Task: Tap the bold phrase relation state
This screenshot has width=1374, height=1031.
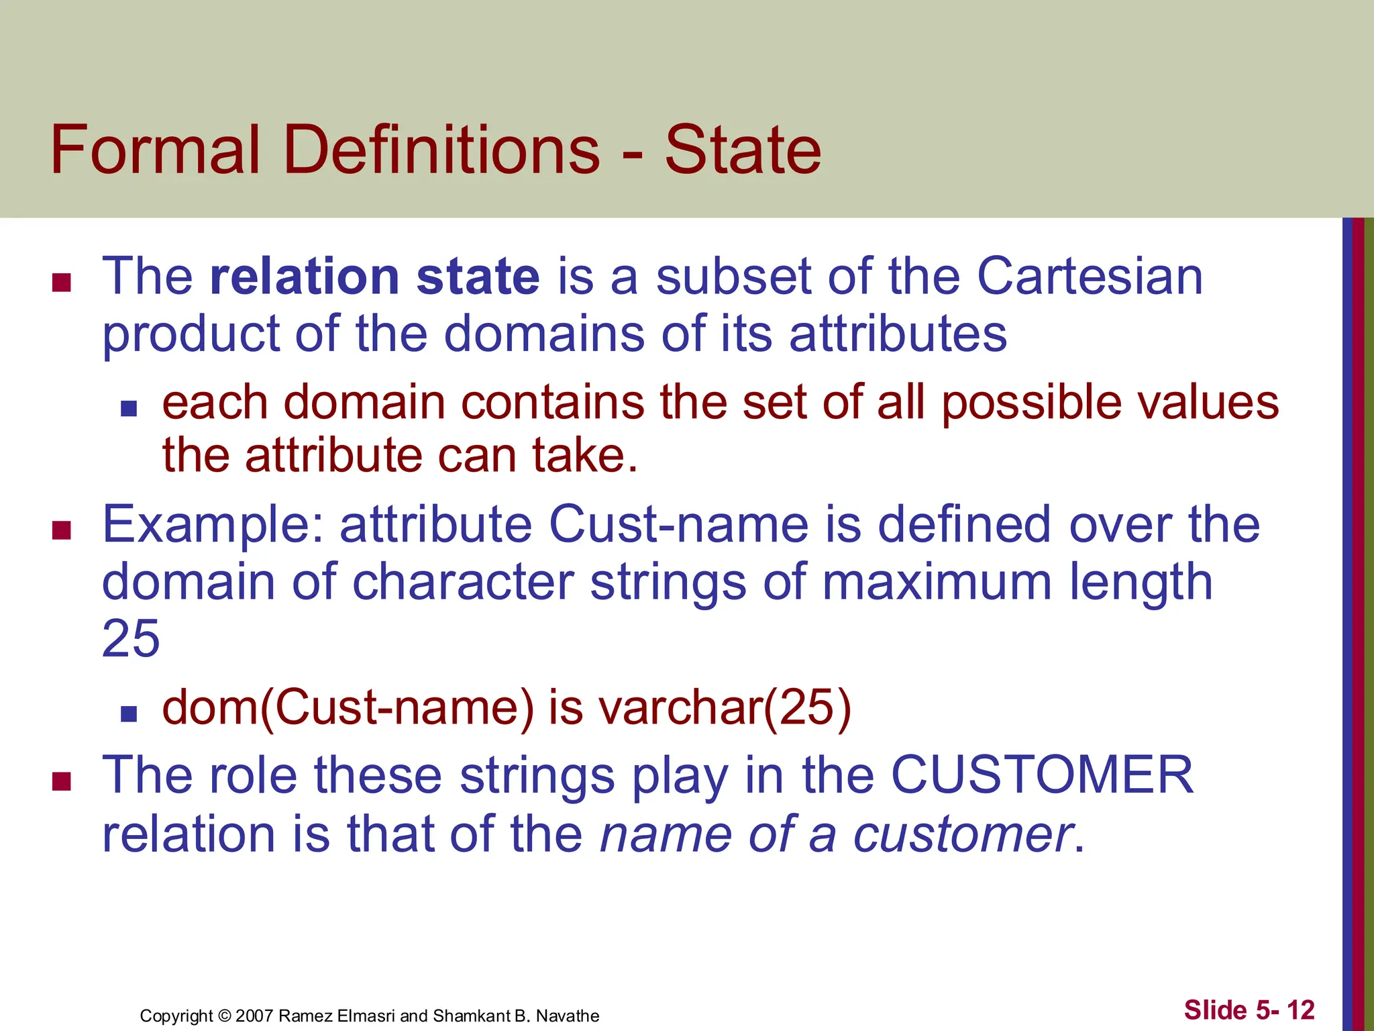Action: tap(374, 277)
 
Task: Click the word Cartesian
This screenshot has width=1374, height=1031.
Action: tap(1090, 277)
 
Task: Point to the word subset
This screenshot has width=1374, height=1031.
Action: tap(733, 277)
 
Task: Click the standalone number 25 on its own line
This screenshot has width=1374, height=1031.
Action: tap(131, 638)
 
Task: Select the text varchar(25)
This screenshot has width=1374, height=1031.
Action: tap(725, 708)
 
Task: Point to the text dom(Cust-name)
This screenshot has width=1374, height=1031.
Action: tap(348, 708)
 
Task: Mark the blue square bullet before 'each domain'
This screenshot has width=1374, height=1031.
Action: tap(129, 408)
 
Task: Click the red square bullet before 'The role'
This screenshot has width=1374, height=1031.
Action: tap(62, 781)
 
